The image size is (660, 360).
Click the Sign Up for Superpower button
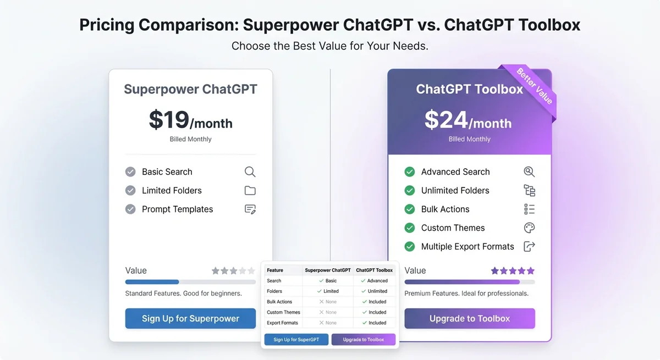(x=190, y=318)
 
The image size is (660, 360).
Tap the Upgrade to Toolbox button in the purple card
(x=469, y=318)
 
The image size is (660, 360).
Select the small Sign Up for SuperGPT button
(x=296, y=340)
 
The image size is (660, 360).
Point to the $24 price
(x=446, y=120)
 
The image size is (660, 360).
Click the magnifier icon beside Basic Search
(x=250, y=172)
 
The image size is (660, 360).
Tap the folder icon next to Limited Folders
(x=250, y=191)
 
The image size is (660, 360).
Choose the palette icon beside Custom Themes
(x=529, y=228)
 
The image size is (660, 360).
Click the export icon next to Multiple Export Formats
(x=529, y=247)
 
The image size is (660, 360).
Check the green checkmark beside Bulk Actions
(x=410, y=209)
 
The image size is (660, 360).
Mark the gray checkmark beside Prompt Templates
(x=130, y=209)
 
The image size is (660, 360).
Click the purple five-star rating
(x=513, y=270)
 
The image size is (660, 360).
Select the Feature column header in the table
(x=275, y=270)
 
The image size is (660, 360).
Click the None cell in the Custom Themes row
(x=328, y=312)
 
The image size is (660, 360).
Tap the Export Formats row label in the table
(x=282, y=323)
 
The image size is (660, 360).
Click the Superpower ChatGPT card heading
(x=190, y=89)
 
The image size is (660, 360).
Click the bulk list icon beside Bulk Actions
(x=529, y=209)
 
